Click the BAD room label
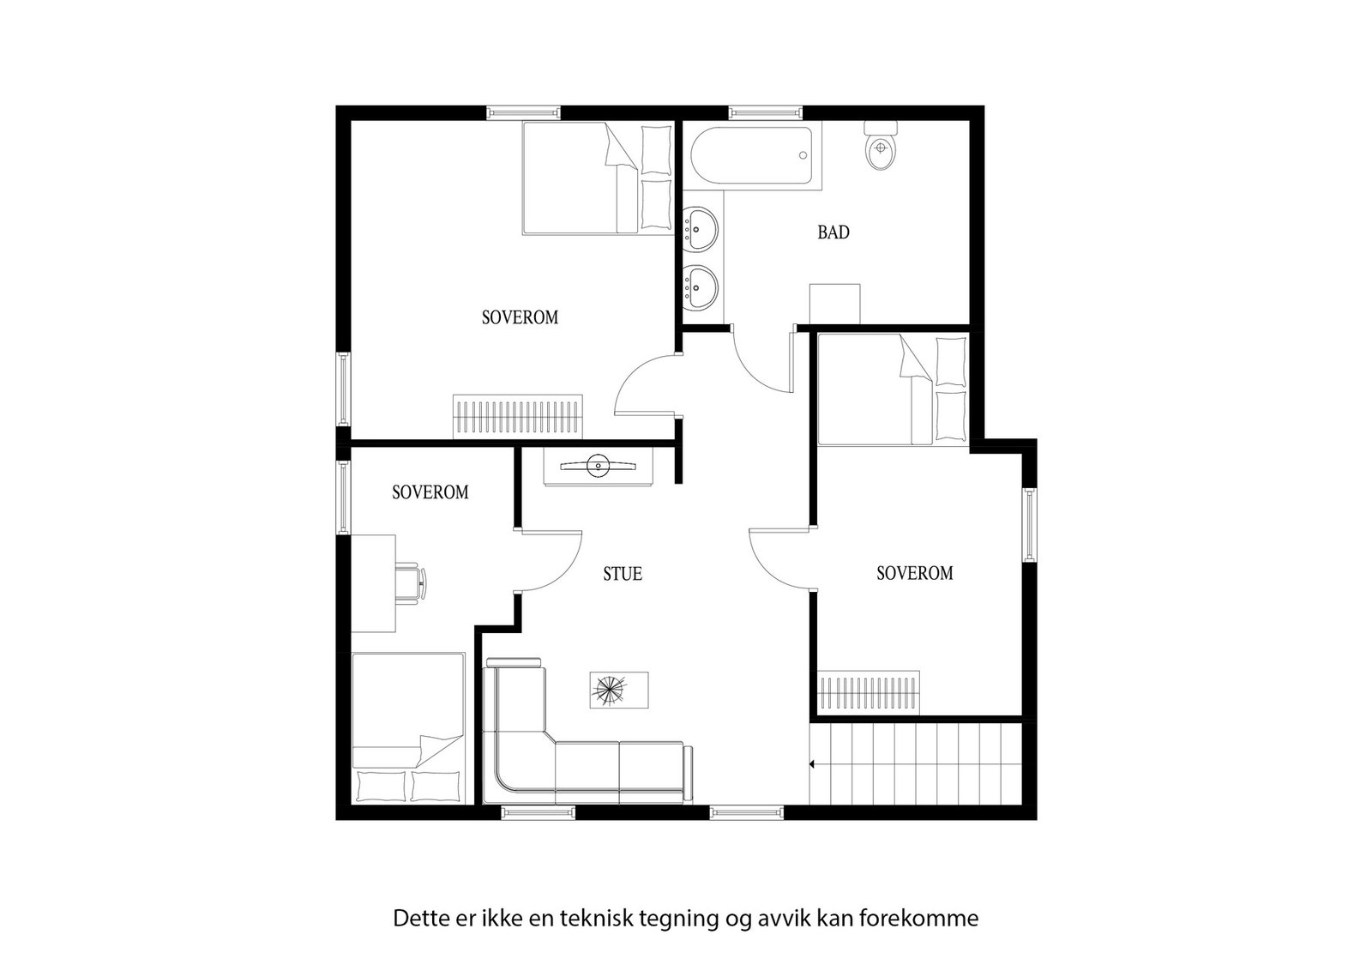(833, 232)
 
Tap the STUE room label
(623, 574)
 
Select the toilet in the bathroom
(880, 148)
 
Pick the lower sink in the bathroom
(702, 286)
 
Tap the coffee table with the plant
(617, 691)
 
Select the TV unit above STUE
(598, 467)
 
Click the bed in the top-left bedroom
(597, 178)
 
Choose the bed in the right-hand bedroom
(893, 390)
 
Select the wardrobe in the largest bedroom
(518, 416)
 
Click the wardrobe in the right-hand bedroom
(870, 691)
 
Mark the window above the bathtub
(767, 112)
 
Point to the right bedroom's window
(1029, 524)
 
